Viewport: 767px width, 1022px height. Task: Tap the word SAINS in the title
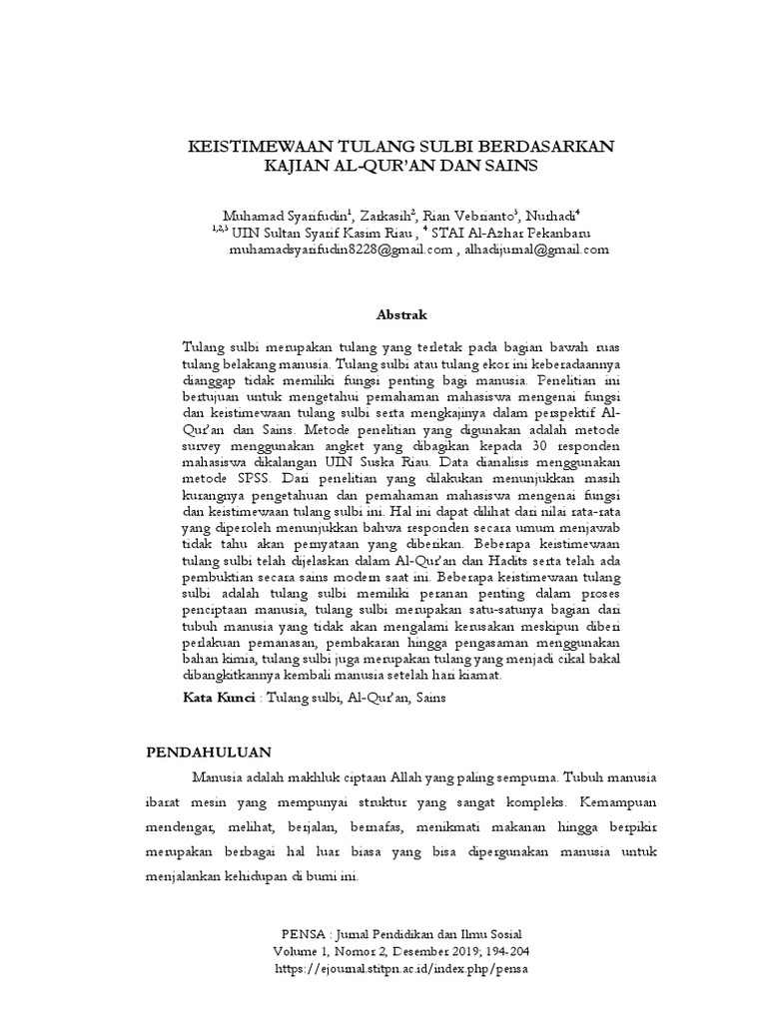(509, 167)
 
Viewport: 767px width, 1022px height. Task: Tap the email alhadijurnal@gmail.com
(538, 251)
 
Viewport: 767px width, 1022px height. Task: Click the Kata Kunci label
(218, 699)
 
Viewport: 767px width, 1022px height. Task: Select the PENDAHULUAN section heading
(211, 751)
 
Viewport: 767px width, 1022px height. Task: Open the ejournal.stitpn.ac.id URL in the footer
(399, 968)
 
